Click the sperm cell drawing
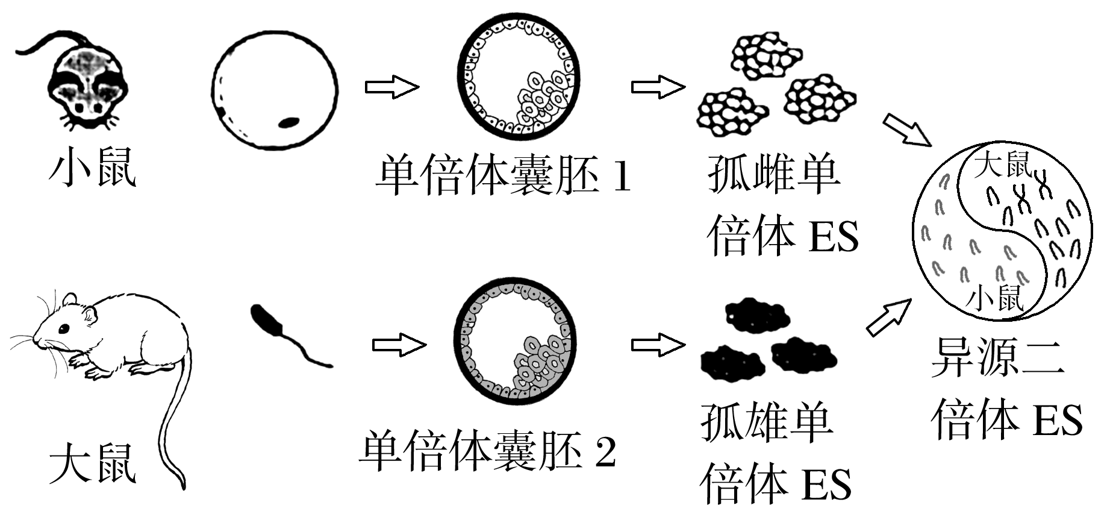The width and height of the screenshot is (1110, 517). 283,335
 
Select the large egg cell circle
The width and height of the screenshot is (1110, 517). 275,89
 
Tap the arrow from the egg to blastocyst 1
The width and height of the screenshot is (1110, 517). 391,87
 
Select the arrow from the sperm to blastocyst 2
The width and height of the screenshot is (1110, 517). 399,345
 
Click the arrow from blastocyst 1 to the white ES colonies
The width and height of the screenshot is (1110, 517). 658,87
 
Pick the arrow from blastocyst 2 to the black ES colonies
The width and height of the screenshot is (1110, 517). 658,345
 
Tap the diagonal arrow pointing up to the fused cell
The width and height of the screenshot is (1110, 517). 889,318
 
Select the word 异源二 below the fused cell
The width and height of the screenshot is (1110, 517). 997,357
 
